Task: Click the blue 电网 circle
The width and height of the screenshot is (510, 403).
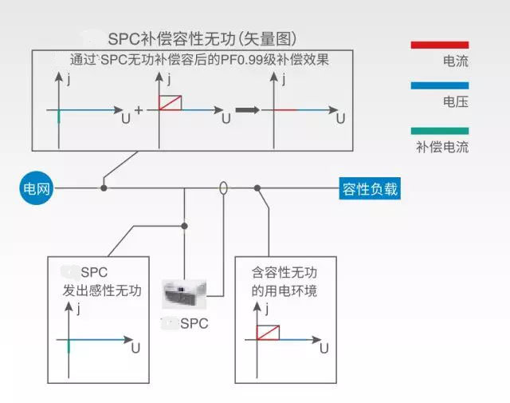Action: (36, 189)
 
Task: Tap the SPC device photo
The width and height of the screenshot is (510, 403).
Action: (184, 294)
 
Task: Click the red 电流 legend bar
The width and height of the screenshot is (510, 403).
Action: (440, 45)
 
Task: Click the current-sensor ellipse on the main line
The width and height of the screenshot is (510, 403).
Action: (224, 189)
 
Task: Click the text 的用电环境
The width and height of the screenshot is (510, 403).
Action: (284, 290)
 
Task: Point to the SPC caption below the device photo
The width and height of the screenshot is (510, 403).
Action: (189, 323)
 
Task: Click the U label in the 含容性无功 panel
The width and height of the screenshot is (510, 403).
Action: (324, 349)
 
